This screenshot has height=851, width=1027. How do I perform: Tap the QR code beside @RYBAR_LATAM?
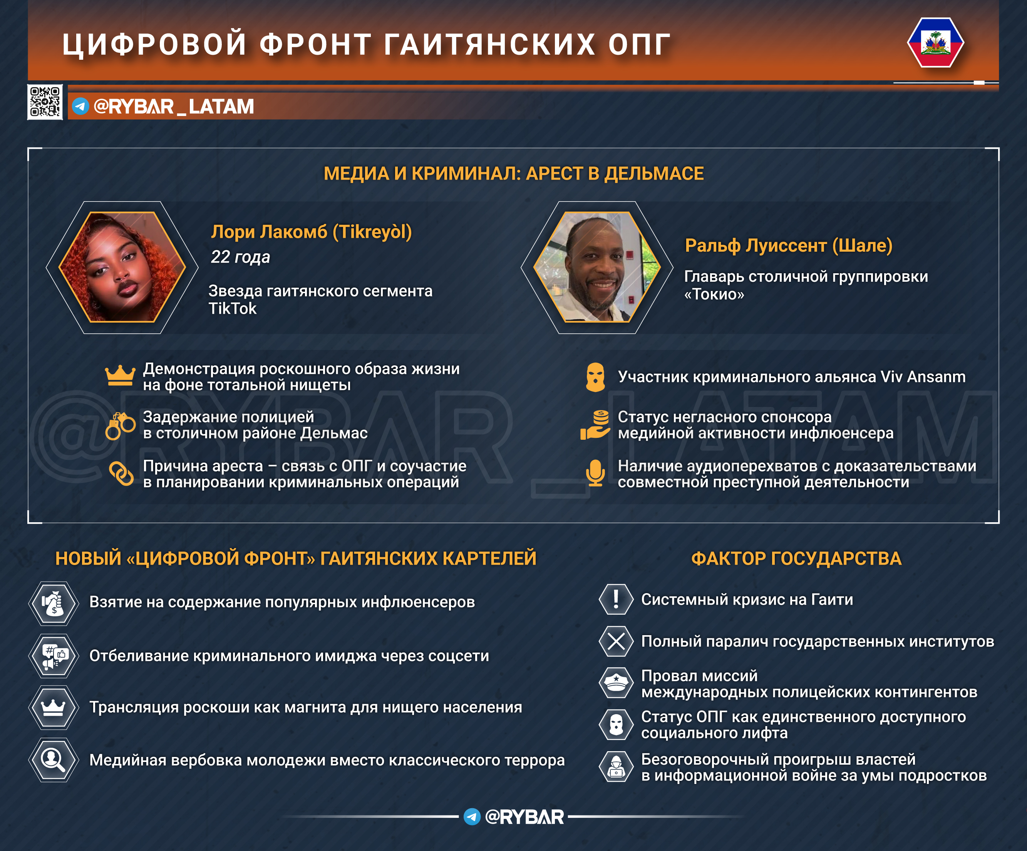[45, 102]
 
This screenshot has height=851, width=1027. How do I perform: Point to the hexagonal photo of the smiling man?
[596, 267]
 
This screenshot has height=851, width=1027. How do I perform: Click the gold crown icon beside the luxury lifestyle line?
[120, 375]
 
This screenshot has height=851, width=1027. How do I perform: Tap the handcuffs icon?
[120, 426]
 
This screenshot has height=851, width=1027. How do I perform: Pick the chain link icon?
[121, 473]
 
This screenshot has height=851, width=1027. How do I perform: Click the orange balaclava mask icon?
[595, 377]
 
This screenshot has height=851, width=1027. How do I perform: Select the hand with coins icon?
[595, 425]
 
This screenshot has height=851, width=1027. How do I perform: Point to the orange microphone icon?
[595, 473]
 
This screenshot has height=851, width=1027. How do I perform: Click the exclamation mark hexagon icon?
[616, 599]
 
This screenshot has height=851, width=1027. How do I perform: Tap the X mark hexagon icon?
[616, 641]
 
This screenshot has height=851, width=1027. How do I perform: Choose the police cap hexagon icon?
[616, 683]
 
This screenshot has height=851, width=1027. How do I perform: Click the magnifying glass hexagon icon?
[54, 760]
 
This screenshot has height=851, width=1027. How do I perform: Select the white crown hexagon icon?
[54, 707]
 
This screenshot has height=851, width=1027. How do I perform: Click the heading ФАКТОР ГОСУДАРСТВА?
[796, 558]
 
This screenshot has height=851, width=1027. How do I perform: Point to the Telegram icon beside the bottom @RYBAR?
[472, 816]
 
